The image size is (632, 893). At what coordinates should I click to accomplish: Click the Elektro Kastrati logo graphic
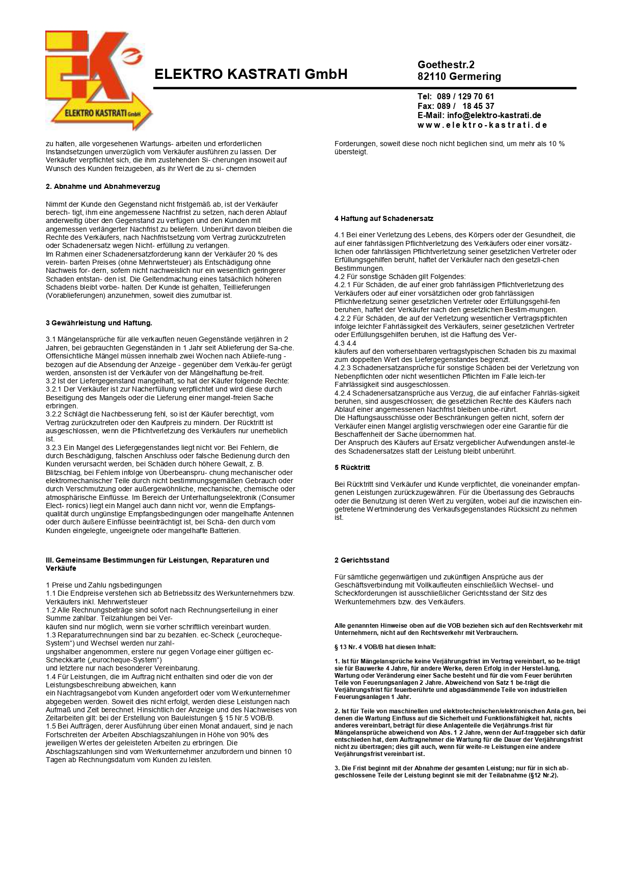click(x=98, y=80)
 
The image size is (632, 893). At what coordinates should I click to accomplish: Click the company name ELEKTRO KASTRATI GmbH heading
click(x=251, y=74)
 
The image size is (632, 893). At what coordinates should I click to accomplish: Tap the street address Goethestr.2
click(x=446, y=65)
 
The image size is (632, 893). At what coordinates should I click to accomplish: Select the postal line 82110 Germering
click(x=459, y=76)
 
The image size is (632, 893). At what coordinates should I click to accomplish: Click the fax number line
click(x=456, y=106)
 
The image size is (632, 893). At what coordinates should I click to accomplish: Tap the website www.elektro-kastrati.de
click(x=482, y=125)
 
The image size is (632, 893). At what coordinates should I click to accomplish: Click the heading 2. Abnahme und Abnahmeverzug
click(x=103, y=186)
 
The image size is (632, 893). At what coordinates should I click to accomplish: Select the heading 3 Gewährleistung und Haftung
click(x=99, y=323)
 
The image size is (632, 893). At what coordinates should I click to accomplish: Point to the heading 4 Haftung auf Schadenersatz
click(x=383, y=218)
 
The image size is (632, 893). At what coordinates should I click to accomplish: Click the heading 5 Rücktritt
click(x=352, y=467)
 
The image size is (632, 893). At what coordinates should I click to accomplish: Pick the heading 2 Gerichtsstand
click(x=362, y=560)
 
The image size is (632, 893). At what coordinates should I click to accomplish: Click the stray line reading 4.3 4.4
click(x=345, y=343)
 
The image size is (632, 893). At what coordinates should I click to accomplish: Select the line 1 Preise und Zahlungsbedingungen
click(x=103, y=585)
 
